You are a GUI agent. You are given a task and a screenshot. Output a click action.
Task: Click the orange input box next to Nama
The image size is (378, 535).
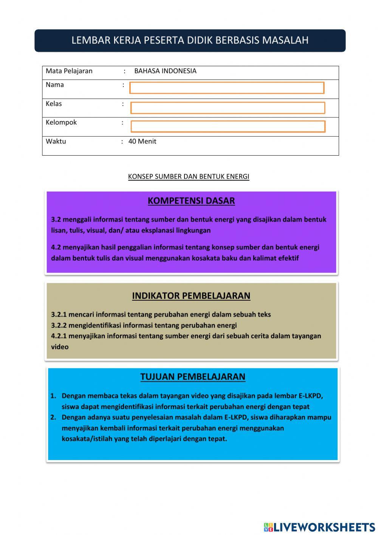tap(227, 88)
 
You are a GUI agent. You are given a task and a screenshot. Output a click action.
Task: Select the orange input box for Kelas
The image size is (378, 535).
tap(228, 108)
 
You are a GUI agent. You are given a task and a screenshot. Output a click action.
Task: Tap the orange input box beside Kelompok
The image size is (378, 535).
tap(228, 126)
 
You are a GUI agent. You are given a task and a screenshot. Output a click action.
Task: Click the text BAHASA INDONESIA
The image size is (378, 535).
tap(165, 71)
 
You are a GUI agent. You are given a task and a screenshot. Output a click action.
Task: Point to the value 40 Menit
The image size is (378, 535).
tap(142, 142)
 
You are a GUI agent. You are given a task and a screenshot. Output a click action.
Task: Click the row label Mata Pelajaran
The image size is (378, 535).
tap(69, 71)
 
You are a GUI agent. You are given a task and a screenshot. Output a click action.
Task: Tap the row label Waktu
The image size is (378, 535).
tap(56, 142)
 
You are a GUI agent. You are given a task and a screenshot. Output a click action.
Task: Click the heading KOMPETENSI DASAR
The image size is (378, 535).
tap(191, 201)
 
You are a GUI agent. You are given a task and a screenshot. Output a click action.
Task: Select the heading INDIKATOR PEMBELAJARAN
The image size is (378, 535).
tap(191, 296)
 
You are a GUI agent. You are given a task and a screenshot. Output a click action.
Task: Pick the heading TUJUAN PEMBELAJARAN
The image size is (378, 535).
tap(193, 377)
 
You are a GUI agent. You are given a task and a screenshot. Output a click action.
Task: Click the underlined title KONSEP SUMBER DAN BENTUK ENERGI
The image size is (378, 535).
tap(189, 176)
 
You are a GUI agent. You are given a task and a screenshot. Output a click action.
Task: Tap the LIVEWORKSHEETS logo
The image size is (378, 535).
tap(319, 527)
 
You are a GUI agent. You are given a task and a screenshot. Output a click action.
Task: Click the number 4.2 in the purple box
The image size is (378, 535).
tap(56, 247)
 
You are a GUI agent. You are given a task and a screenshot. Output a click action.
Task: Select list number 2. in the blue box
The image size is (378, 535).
tap(53, 417)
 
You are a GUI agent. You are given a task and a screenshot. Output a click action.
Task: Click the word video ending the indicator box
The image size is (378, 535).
tap(60, 347)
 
